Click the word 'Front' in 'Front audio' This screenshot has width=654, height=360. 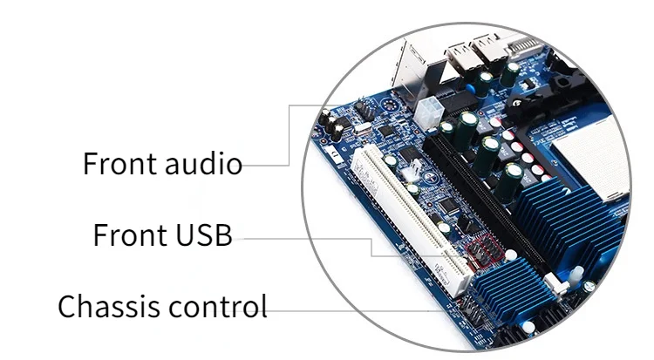pos(119,163)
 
